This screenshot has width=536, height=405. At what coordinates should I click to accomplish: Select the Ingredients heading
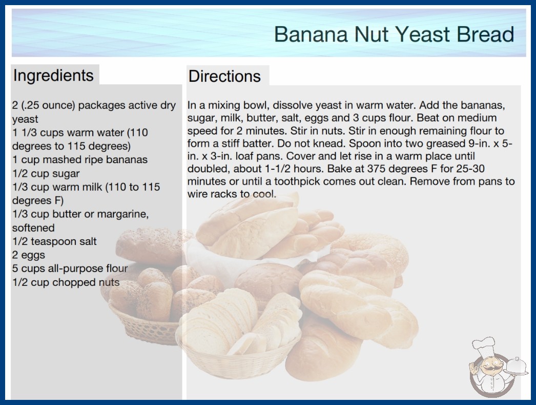tap(53, 76)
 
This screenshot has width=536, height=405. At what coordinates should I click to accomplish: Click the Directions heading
tap(224, 76)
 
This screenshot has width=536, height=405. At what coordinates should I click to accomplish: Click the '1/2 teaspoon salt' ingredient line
tap(54, 241)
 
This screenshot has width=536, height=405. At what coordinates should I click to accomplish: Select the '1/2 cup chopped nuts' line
tap(66, 282)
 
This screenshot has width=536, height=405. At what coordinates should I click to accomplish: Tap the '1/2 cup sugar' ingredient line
tap(46, 174)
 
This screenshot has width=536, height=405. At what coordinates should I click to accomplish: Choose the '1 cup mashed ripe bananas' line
tap(80, 160)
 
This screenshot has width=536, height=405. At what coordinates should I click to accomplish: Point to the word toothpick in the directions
tap(297, 181)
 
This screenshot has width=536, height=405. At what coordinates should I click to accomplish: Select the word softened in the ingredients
tap(33, 228)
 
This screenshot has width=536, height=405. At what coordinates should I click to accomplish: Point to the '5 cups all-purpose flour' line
tap(70, 268)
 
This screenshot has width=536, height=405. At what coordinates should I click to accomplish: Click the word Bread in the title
tap(485, 34)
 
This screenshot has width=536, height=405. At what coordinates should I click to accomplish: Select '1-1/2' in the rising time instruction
tap(277, 169)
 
